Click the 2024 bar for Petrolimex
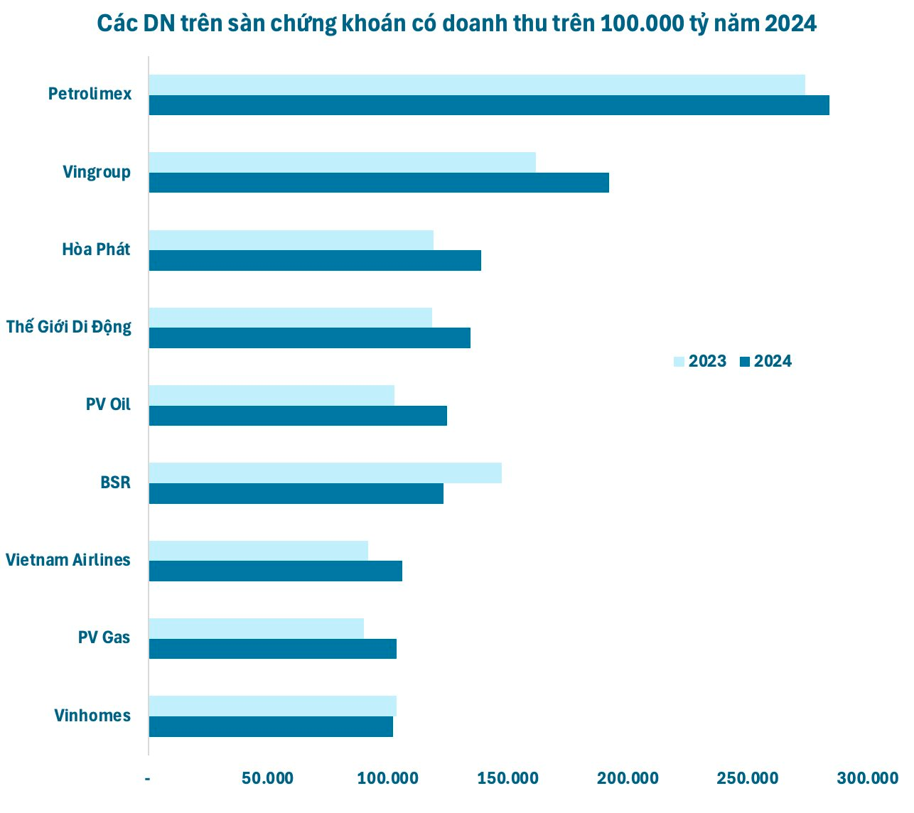(x=489, y=105)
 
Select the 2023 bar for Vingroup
(x=342, y=162)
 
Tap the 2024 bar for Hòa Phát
(x=315, y=261)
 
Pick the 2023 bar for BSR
(x=325, y=473)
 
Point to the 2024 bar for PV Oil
(x=298, y=416)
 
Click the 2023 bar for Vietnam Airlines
(x=258, y=551)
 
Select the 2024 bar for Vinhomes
(x=271, y=726)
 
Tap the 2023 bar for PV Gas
(x=256, y=628)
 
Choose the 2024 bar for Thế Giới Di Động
(x=309, y=338)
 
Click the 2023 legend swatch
(x=679, y=362)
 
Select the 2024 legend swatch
(x=745, y=362)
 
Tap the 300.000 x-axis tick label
(x=867, y=778)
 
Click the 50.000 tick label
(x=267, y=778)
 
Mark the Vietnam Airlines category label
(x=68, y=560)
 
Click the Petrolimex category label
(x=90, y=94)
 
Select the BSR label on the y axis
(x=115, y=483)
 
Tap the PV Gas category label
(x=104, y=637)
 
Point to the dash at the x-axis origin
(x=148, y=779)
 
